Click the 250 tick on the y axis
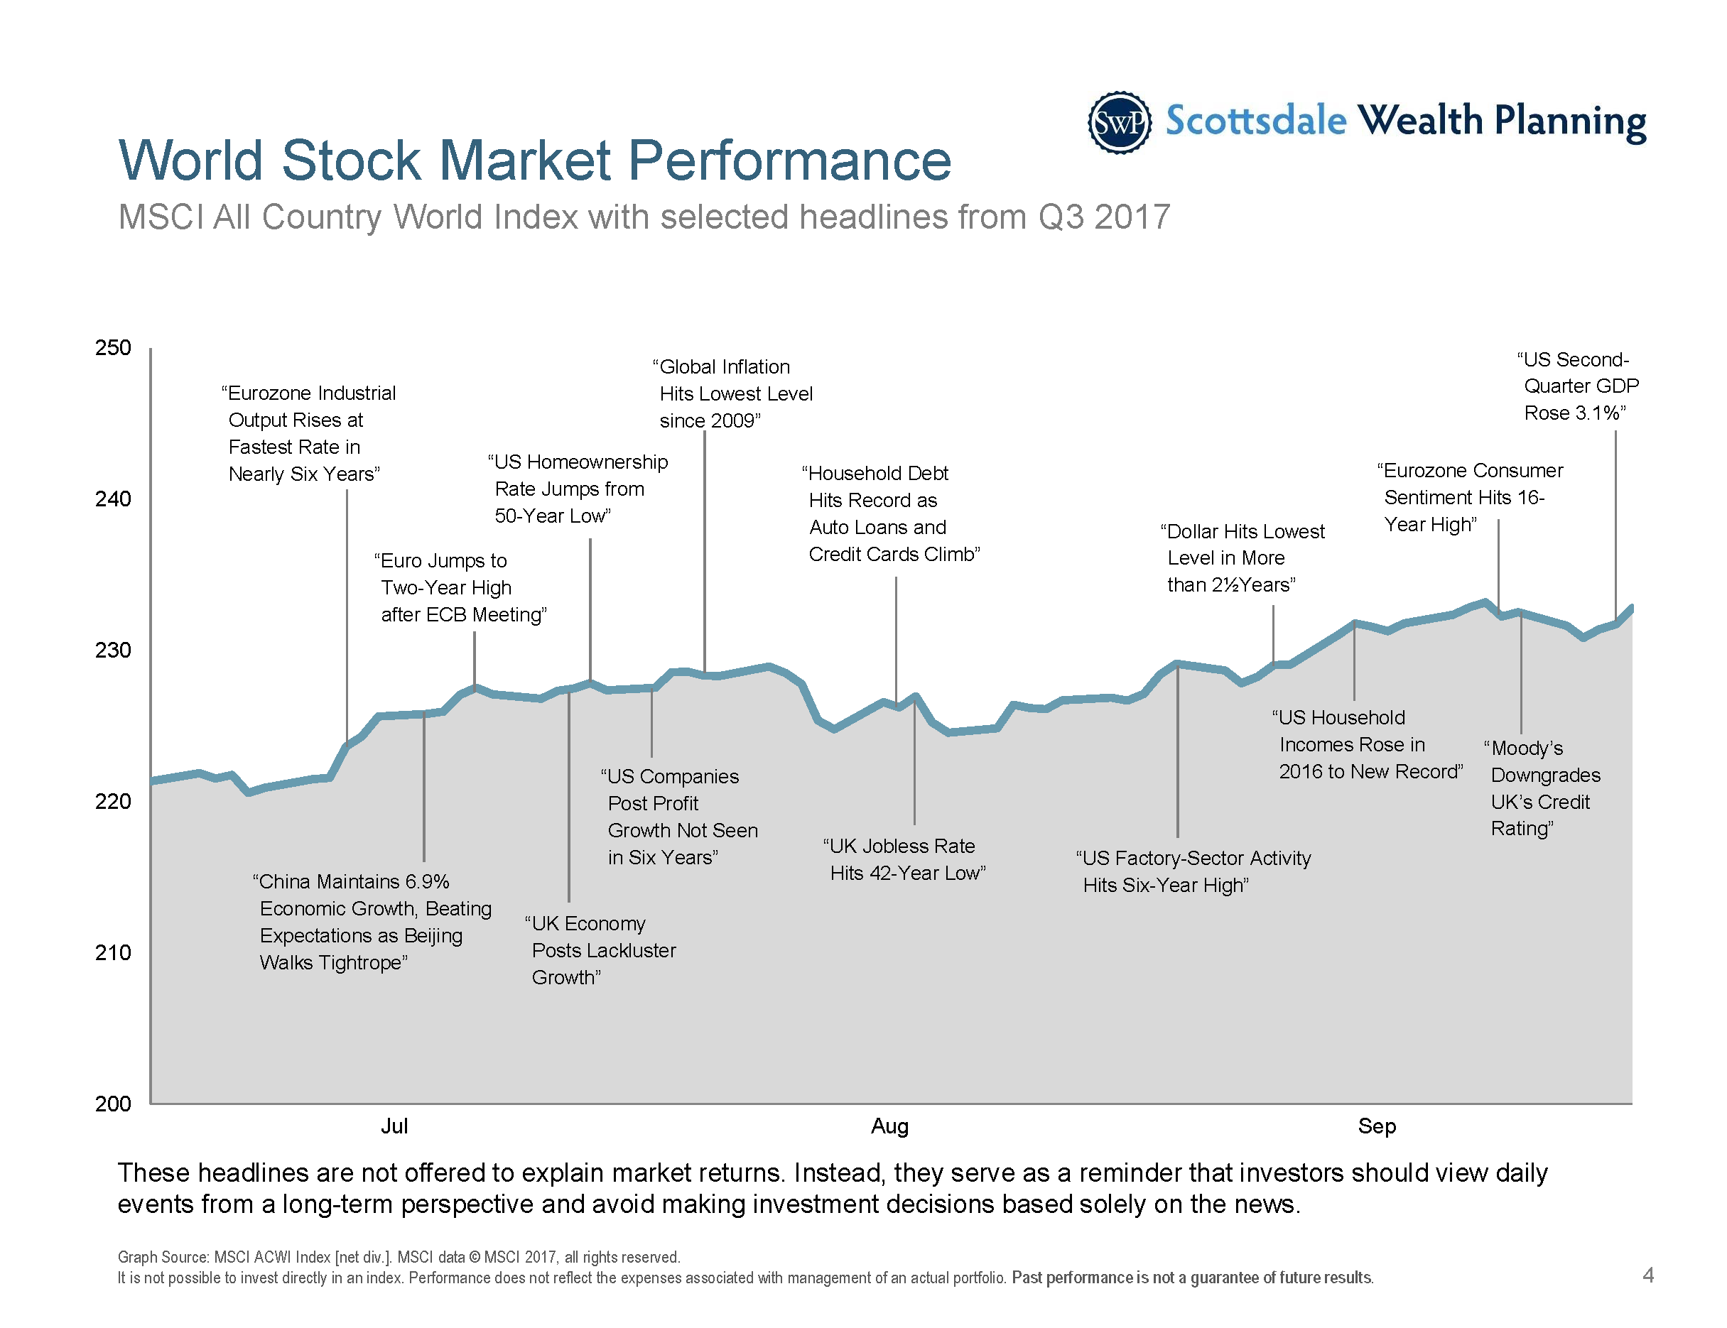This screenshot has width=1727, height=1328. pos(113,348)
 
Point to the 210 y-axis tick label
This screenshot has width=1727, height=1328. pos(113,952)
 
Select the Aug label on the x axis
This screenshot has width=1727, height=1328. pos(889,1126)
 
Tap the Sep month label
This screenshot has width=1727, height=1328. pos(1377,1126)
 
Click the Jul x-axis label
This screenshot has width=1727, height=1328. pos(394,1126)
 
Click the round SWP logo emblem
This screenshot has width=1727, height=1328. pos(1119,123)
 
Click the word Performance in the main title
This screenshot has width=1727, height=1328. pos(789,160)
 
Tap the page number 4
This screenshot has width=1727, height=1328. pos(1648,1275)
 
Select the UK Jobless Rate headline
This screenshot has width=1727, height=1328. pos(904,859)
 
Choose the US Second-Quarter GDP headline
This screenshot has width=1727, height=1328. pos(1579,386)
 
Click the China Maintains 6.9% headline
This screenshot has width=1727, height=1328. pos(372,922)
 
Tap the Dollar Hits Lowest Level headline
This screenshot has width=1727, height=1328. pos(1243,558)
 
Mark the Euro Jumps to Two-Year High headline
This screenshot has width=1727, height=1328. pos(460,587)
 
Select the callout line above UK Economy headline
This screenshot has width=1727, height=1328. pos(568,798)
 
